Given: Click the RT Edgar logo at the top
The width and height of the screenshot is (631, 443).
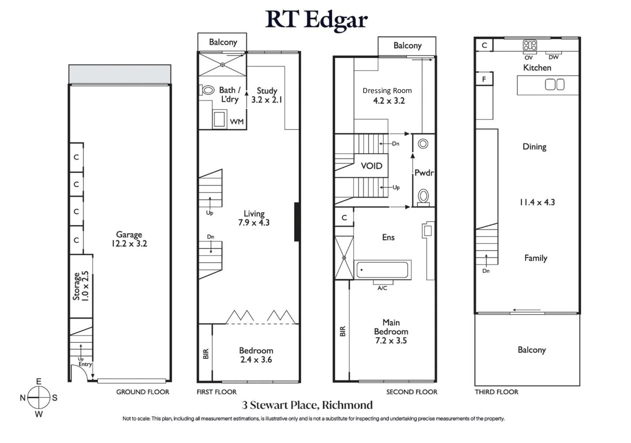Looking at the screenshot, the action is [x=316, y=20].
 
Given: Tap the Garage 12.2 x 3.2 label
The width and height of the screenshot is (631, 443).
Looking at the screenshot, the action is [x=129, y=239].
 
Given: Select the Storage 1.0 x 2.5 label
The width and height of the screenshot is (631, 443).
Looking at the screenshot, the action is [x=80, y=286].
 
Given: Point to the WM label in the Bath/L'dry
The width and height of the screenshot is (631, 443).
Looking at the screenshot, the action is [x=237, y=122].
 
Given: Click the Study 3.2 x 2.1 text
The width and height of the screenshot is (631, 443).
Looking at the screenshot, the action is [x=267, y=95].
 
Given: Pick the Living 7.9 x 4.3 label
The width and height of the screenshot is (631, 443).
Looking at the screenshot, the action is [x=254, y=218].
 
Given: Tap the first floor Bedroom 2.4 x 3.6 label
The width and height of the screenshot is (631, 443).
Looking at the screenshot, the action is [x=256, y=355].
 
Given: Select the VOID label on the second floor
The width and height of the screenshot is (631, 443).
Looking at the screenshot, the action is [x=371, y=166].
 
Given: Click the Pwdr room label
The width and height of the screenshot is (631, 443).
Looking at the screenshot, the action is [x=424, y=173].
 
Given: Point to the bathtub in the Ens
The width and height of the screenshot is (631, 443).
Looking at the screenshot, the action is [x=382, y=270].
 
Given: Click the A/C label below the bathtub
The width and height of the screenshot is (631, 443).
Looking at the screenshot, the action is [x=382, y=288].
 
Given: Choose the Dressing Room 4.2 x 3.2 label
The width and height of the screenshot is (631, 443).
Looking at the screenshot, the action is [x=387, y=96].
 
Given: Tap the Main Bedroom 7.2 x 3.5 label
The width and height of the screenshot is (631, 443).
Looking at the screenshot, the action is [x=391, y=331].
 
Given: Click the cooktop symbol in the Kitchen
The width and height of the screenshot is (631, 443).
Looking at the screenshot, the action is [x=530, y=46].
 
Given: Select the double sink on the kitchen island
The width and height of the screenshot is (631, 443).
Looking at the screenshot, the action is [x=555, y=85].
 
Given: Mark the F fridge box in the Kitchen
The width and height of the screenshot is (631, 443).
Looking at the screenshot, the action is [x=484, y=79].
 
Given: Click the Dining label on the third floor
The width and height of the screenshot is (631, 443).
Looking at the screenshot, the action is [x=534, y=147].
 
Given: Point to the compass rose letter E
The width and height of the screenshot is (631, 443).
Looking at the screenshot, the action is [x=39, y=382].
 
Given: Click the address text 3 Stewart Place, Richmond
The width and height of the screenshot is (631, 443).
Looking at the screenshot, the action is [x=307, y=405].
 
